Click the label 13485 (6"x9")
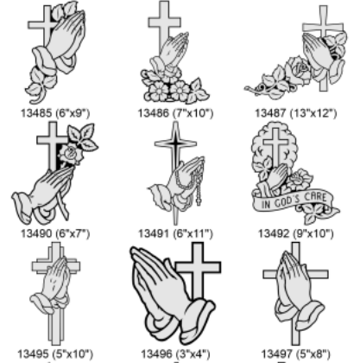tap(55, 113)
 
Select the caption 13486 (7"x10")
tap(175, 113)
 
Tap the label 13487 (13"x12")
tap(296, 113)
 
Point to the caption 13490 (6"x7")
tap(55, 233)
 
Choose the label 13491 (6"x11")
tap(175, 233)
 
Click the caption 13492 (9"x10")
tap(296, 233)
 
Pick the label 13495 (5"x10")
tap(55, 353)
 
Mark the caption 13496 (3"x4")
tap(175, 353)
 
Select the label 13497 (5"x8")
tap(296, 353)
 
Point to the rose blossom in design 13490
tap(71, 155)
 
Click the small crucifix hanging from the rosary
tap(199, 198)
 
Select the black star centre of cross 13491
tap(175, 143)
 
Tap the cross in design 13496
tap(199, 271)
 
